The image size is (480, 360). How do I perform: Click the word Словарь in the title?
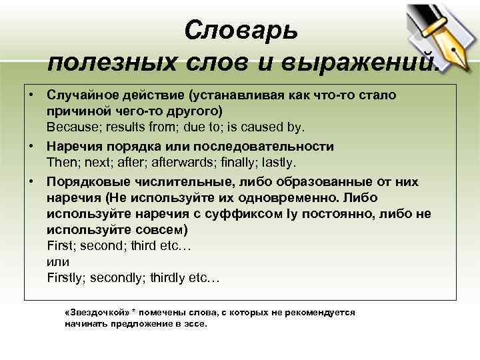241,30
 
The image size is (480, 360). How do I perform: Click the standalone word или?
59,262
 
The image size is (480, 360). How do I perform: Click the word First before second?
61,246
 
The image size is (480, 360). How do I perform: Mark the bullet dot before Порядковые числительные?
32,181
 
